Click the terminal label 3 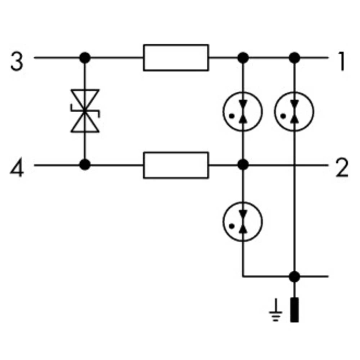[17, 62]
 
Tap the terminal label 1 [341, 62]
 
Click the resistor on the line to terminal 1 [176, 58]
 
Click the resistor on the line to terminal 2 [176, 165]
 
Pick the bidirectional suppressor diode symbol [85, 111]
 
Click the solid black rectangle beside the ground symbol [294, 310]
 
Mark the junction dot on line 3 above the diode [85, 57]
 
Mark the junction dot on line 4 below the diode [85, 165]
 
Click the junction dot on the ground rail [294, 276]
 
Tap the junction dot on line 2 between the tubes [243, 165]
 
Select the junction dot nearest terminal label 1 [294, 57]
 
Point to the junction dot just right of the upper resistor [243, 57]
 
